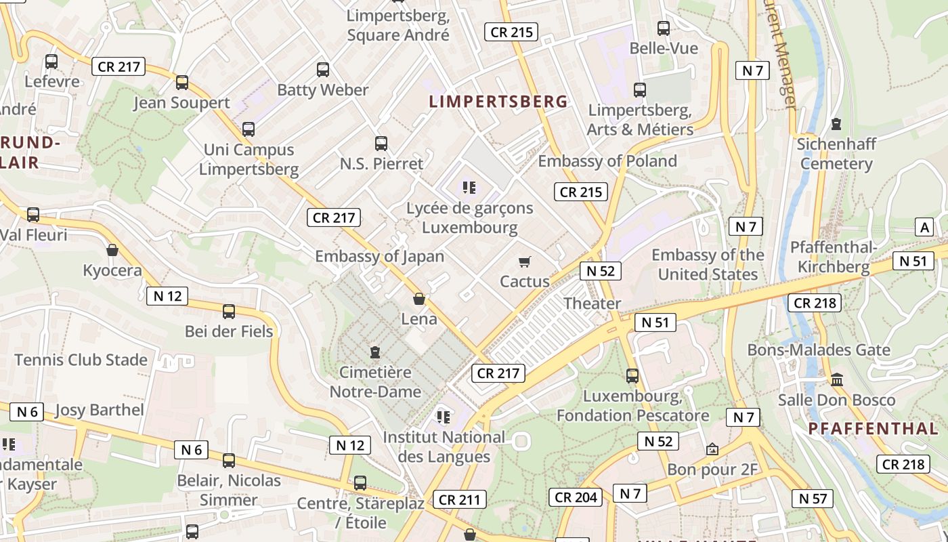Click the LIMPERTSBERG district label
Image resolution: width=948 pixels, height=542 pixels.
(x=498, y=102)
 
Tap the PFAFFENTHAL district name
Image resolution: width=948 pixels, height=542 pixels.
(x=874, y=428)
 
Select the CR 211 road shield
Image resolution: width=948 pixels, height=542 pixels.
(x=459, y=500)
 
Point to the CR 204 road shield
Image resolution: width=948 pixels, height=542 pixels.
(x=576, y=497)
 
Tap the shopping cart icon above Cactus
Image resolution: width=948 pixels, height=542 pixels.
(x=524, y=262)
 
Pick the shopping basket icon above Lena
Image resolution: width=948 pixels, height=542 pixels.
(x=419, y=299)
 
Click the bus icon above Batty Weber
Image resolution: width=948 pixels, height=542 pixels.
(x=323, y=69)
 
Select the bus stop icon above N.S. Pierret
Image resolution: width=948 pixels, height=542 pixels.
(x=381, y=144)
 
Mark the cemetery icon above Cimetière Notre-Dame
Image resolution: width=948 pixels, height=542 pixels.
(x=375, y=352)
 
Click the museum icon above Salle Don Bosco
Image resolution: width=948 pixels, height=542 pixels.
(x=837, y=379)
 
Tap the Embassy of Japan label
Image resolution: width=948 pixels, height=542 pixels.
(x=380, y=256)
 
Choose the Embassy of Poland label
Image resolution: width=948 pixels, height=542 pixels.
(x=607, y=161)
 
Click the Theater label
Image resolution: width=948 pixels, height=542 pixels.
(x=592, y=303)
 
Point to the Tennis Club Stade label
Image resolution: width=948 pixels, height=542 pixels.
(x=81, y=359)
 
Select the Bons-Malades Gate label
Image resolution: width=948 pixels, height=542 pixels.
(x=819, y=350)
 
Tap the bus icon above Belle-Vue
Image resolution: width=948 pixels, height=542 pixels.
(x=664, y=28)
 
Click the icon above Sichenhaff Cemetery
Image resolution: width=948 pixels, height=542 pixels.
(x=837, y=124)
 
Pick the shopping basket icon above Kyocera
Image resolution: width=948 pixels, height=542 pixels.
(x=112, y=251)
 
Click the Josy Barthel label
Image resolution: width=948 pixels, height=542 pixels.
(x=99, y=410)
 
